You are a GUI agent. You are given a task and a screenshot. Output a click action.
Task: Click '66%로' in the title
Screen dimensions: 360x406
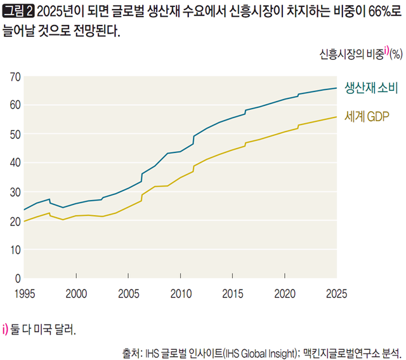point(374,11)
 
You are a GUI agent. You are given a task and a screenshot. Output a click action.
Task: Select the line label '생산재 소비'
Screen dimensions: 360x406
point(370,88)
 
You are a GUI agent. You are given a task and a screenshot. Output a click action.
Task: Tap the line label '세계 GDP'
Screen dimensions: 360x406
point(366,116)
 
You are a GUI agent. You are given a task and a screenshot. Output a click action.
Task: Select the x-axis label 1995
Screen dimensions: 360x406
point(24,293)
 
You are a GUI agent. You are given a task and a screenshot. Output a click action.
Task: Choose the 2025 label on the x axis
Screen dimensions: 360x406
point(336,293)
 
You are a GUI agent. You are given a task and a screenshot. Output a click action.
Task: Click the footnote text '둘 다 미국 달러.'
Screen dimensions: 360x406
point(44,330)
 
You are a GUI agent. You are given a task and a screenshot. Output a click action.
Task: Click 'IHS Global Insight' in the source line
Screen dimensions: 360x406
point(259,351)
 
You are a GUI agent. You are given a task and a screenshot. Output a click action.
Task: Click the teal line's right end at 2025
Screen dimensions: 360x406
point(336,88)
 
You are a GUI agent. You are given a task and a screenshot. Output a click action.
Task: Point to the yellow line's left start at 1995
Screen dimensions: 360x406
point(24,221)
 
